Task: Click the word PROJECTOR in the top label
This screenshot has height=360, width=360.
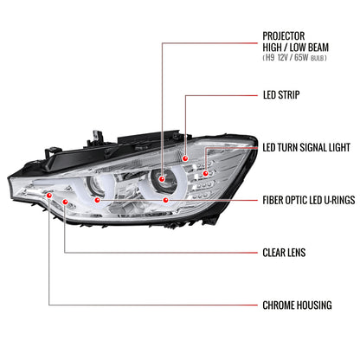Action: coord(286,36)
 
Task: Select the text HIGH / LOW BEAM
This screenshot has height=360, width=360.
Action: coord(295,48)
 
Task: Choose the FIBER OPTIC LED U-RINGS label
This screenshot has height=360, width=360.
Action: coord(308,199)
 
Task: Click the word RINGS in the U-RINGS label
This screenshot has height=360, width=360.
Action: coord(340,199)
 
